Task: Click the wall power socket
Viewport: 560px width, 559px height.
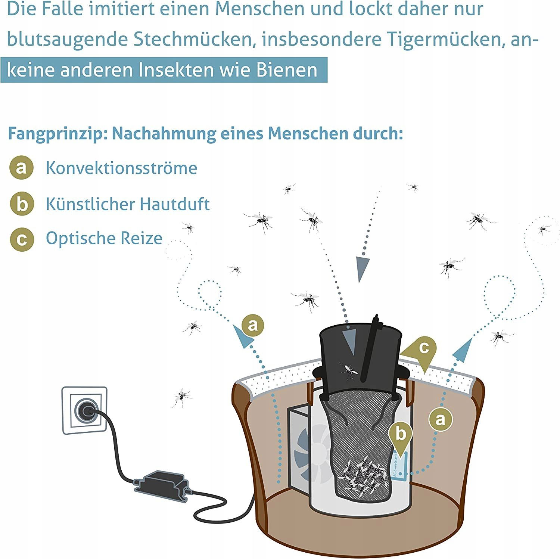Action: (x=85, y=411)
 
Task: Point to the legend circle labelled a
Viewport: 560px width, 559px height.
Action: (x=22, y=168)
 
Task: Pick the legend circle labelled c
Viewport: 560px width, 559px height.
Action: (x=22, y=239)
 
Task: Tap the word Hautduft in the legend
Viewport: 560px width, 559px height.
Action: (x=175, y=204)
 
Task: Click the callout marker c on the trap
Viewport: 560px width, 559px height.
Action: (x=423, y=348)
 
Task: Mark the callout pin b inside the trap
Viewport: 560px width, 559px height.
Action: (x=401, y=435)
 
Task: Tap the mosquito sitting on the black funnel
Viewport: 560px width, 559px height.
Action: (x=348, y=370)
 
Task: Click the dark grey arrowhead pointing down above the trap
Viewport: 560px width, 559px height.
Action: (x=361, y=268)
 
